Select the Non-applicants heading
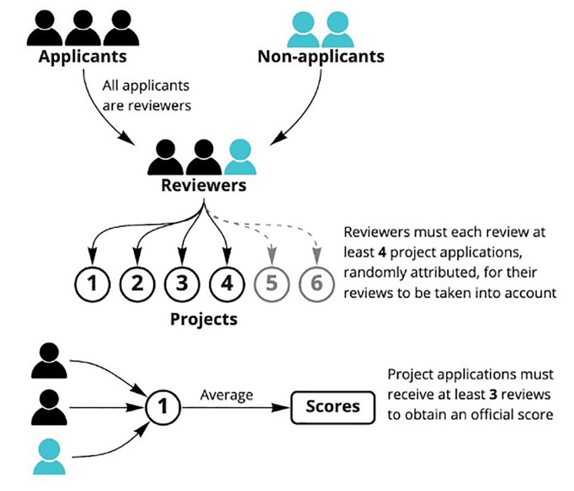point(320,57)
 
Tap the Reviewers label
point(203,185)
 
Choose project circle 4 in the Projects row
point(228,282)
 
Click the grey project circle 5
point(272,282)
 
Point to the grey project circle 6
point(316,282)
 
